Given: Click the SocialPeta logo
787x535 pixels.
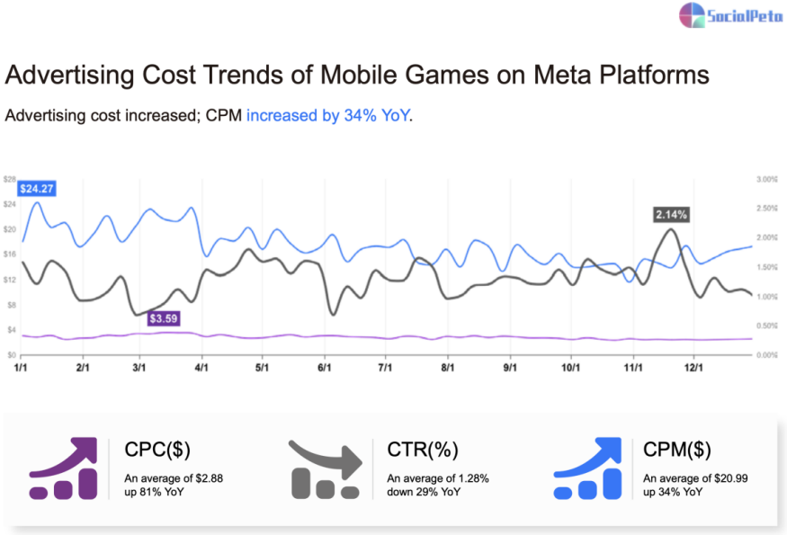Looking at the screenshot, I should pyautogui.click(x=729, y=14).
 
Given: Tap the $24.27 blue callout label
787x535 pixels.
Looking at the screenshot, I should pyautogui.click(x=36, y=189).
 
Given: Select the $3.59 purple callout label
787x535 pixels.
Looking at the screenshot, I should pyautogui.click(x=165, y=318).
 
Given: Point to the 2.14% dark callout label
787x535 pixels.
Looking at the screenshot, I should pyautogui.click(x=671, y=214).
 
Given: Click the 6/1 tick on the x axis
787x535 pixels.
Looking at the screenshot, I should pyautogui.click(x=325, y=368).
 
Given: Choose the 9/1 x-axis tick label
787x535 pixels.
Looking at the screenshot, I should pyautogui.click(x=509, y=368).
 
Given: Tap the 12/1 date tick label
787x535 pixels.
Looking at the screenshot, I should pyautogui.click(x=693, y=368).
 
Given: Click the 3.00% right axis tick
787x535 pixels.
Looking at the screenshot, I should pyautogui.click(x=766, y=180).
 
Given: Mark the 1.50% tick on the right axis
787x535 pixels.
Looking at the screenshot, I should pyautogui.click(x=766, y=267).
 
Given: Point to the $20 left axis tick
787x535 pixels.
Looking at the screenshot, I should pyautogui.click(x=10, y=229).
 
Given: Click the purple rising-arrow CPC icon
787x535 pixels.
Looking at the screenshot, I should pyautogui.click(x=63, y=468).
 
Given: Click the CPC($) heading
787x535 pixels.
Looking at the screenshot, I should pyautogui.click(x=157, y=450).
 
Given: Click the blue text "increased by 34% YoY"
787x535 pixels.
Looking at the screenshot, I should pyautogui.click(x=327, y=116).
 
